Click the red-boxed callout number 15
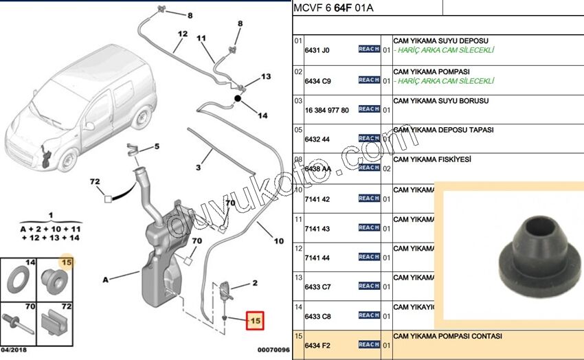pyautogui.click(x=255, y=320)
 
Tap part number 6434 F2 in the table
pyautogui.click(x=316, y=344)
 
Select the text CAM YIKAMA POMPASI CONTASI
pyautogui.click(x=447, y=336)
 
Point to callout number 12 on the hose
pyautogui.click(x=182, y=34)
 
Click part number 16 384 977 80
pyautogui.click(x=326, y=110)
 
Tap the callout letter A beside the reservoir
pyautogui.click(x=105, y=280)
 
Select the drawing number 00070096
pyautogui.click(x=273, y=349)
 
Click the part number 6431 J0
pyautogui.click(x=317, y=51)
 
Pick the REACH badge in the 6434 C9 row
pyautogui.click(x=369, y=80)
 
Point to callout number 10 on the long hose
pyautogui.click(x=278, y=241)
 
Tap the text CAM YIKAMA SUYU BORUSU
pyautogui.click(x=440, y=100)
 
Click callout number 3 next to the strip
pyautogui.click(x=198, y=167)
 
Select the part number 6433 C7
pyautogui.click(x=317, y=286)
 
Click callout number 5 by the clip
pyautogui.click(x=157, y=146)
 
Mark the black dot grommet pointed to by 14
pyautogui.click(x=238, y=100)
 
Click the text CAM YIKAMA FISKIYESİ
pyautogui.click(x=431, y=159)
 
